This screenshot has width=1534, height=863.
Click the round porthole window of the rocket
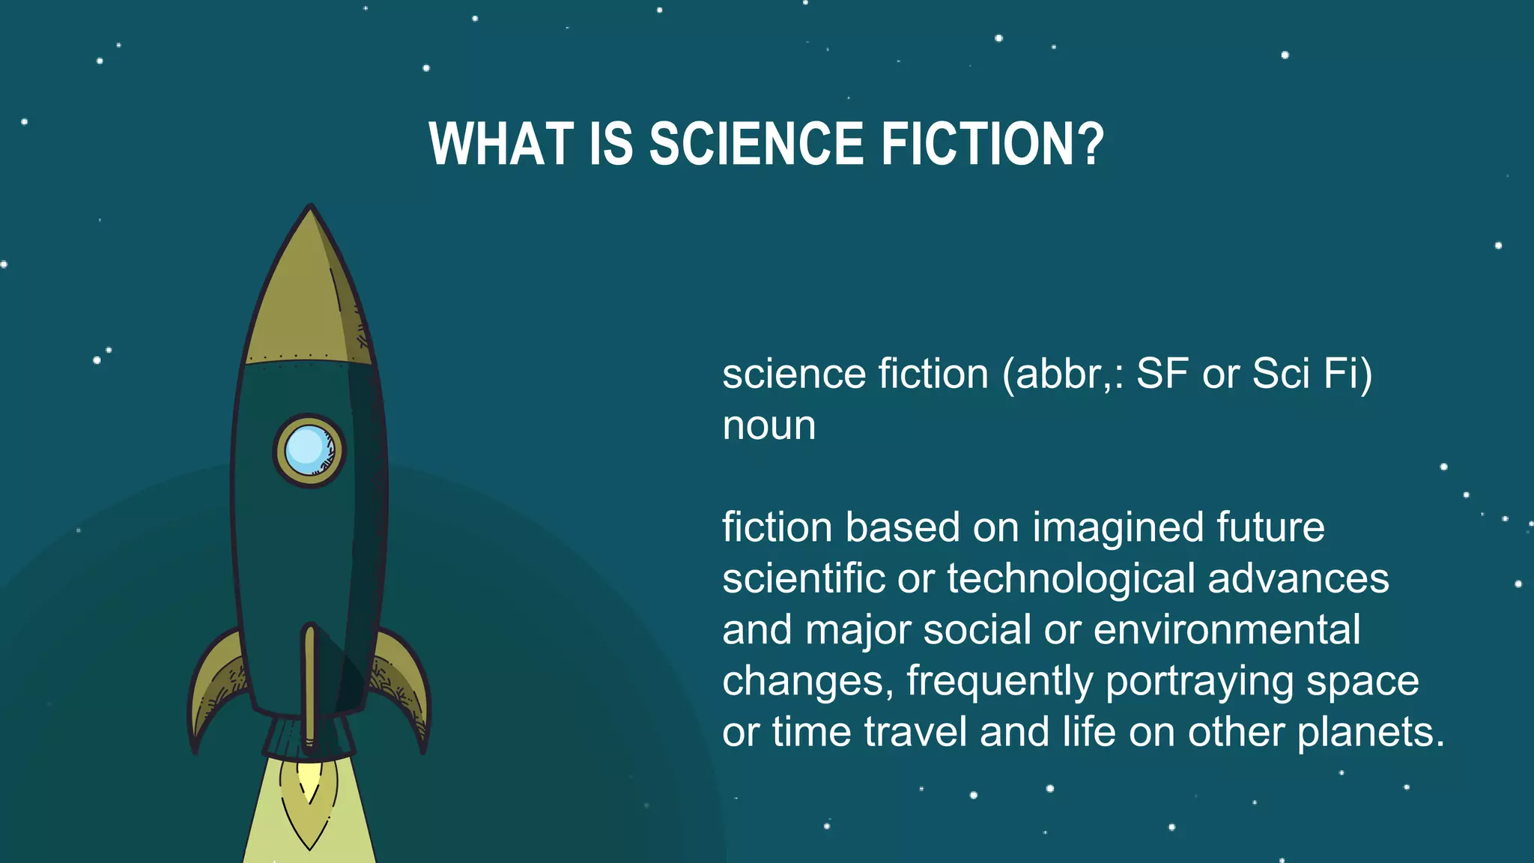click(309, 449)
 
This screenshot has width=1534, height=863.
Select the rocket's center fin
click(310, 682)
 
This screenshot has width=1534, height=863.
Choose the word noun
click(768, 426)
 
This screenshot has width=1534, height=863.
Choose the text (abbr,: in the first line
click(1063, 374)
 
